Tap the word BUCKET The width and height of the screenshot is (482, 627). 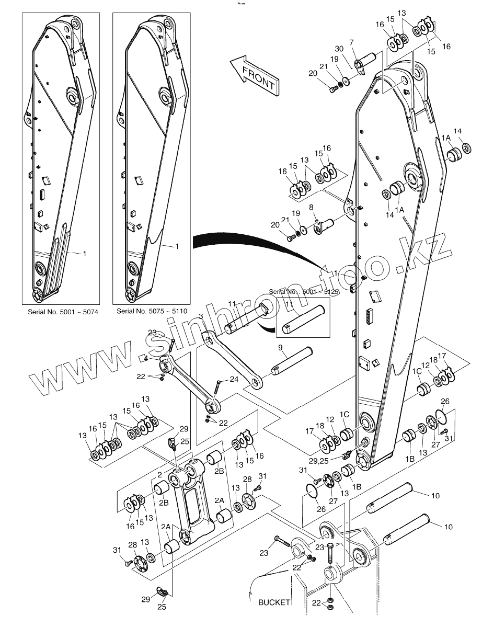(274, 602)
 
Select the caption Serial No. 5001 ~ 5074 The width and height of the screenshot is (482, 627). (63, 312)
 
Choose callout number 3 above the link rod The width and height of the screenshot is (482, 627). (201, 316)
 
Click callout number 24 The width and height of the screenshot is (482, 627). (234, 379)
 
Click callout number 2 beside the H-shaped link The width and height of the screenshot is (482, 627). (159, 474)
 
